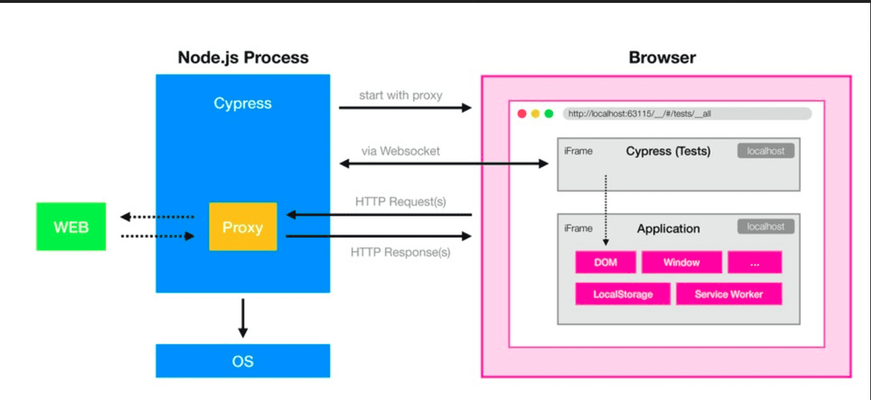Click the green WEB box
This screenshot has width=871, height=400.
71,227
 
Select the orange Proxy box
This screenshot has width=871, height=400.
242,227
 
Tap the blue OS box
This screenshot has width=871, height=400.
242,360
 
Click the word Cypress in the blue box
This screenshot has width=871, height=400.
242,104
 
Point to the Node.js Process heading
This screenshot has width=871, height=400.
242,58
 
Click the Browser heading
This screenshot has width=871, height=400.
662,58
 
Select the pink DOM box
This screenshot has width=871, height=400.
605,262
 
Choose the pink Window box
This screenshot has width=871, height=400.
681,262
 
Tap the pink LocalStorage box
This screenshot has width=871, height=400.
623,294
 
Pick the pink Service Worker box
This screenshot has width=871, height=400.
728,294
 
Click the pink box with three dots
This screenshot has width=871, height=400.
754,262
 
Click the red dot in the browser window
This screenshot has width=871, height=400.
522,114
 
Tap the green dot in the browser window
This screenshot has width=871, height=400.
548,114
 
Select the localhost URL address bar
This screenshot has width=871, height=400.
686,114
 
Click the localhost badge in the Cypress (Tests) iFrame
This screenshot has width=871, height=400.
766,151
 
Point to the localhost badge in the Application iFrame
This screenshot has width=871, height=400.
766,226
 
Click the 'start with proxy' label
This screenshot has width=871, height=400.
401,95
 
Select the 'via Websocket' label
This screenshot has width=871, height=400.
401,151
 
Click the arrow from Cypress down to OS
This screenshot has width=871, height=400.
242,317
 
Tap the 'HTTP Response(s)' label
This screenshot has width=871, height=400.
401,252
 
